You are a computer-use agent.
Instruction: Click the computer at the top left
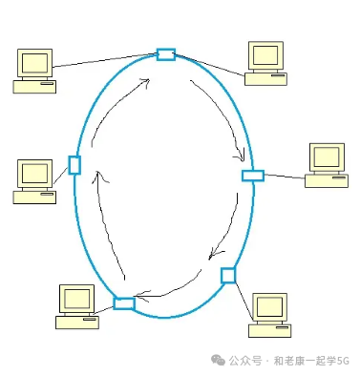point(34,71)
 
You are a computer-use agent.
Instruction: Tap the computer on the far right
point(327,165)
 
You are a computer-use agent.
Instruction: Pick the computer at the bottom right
point(270,315)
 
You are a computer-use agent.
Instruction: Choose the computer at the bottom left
point(76,305)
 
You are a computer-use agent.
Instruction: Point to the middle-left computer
point(34,181)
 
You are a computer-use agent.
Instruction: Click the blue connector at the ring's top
point(166,54)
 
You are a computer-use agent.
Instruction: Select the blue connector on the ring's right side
point(252,176)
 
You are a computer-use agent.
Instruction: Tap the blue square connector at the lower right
point(228,276)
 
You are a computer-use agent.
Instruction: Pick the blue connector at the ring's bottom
point(124,303)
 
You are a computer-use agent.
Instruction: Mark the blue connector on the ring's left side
point(74,165)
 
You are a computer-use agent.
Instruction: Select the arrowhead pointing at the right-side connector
point(243,157)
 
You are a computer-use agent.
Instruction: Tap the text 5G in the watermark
point(344,361)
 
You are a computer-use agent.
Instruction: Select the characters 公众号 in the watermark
point(243,361)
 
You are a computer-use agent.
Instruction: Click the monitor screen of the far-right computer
point(327,157)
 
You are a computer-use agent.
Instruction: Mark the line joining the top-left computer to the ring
point(105,62)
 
